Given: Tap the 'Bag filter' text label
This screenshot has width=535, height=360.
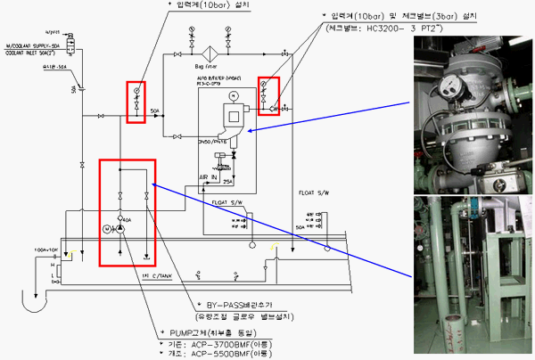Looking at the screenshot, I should click(203, 65).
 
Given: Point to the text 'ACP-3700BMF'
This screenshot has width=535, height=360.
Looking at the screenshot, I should click(224, 343).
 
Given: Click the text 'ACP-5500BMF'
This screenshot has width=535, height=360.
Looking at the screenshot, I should click(224, 352).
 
